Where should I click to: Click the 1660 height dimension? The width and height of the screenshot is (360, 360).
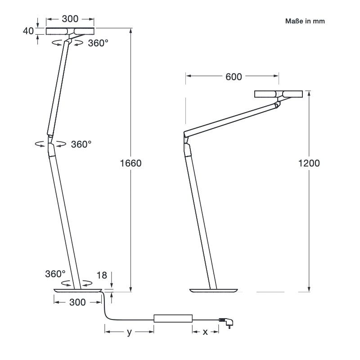(x=130, y=163)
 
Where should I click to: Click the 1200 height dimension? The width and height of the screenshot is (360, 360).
(x=309, y=163)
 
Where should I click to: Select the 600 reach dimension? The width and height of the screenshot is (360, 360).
(x=234, y=76)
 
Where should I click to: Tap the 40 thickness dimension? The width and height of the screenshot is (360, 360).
(x=28, y=31)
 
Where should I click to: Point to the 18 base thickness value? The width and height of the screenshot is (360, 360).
(x=102, y=275)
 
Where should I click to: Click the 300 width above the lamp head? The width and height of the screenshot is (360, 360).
(x=70, y=19)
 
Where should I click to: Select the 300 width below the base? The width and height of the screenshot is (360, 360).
(x=77, y=302)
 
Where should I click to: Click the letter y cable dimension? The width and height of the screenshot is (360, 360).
(x=130, y=332)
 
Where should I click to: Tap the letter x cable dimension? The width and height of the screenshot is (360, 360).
(x=205, y=332)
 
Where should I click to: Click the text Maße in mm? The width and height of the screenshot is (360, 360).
(x=305, y=21)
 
